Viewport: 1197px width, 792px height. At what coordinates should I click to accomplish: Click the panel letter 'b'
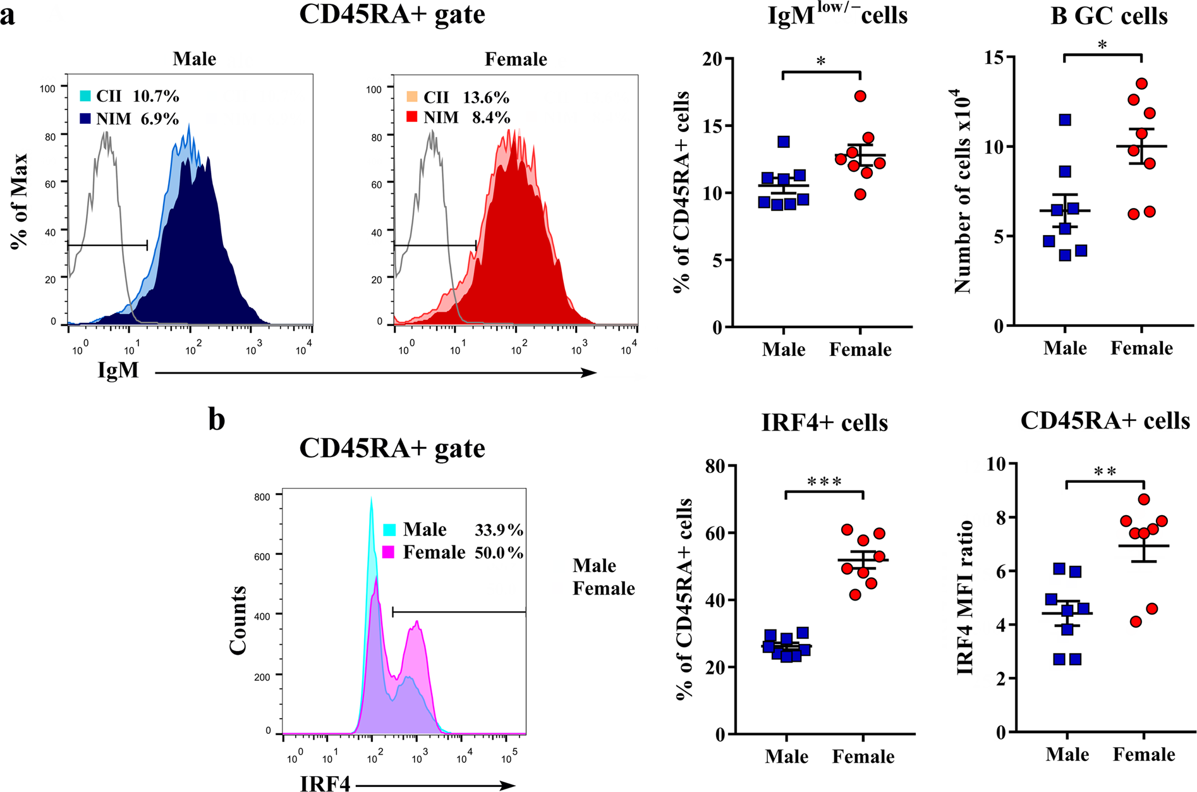point(217,420)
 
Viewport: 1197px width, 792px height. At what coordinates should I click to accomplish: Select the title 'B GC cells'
point(1109,15)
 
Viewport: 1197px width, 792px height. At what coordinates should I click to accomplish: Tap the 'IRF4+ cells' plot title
point(825,422)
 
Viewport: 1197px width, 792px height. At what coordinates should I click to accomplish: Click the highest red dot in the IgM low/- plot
point(860,96)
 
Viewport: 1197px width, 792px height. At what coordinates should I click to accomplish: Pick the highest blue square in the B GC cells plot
point(1065,119)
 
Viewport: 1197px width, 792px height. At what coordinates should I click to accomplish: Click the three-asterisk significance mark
point(824,482)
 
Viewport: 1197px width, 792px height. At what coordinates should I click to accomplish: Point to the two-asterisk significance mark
point(1105,472)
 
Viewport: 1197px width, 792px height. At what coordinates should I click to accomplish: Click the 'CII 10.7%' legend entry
point(129,96)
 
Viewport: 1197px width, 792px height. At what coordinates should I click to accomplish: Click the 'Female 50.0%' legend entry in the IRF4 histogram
point(453,552)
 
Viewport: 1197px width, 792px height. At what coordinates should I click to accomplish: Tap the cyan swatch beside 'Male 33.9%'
point(389,530)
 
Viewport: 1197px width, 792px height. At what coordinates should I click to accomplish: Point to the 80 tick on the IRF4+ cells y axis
point(716,466)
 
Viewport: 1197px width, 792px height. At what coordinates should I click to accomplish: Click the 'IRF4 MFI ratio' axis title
point(965,597)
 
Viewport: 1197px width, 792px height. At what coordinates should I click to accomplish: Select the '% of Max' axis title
point(20,200)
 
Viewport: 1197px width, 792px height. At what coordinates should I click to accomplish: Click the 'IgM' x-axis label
point(118,370)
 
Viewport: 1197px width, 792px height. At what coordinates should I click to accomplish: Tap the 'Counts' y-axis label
point(238,619)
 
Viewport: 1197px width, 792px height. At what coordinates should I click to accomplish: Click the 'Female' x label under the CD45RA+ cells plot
point(1143,754)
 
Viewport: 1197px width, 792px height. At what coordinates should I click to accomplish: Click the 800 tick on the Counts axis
point(262,497)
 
